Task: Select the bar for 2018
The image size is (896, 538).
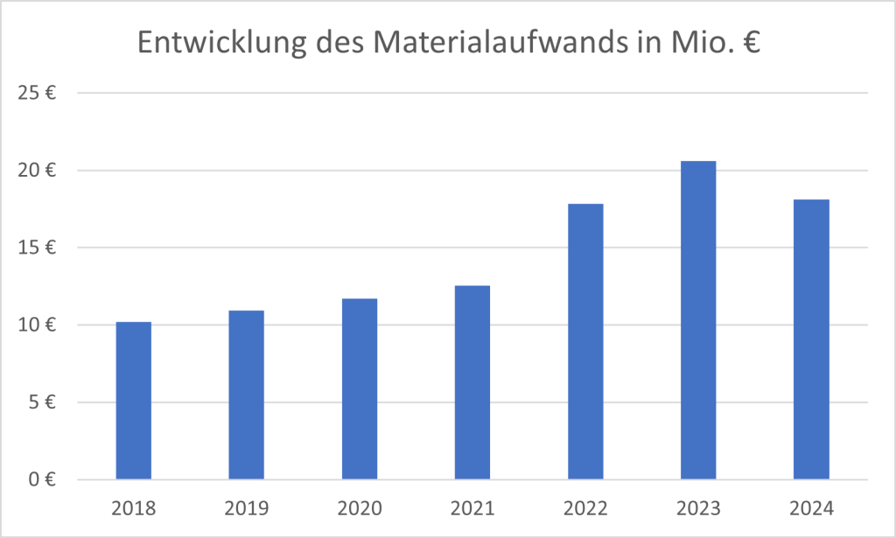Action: point(133,401)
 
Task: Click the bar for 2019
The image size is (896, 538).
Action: point(246,395)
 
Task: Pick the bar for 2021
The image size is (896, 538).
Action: point(472,382)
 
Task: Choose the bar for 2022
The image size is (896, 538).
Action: point(585,341)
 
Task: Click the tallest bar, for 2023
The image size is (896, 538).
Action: point(698,320)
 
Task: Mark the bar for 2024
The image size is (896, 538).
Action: point(811,339)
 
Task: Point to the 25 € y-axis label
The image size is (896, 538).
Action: point(38,93)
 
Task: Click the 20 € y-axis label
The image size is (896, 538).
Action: point(38,171)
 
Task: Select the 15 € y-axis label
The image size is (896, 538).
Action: point(38,248)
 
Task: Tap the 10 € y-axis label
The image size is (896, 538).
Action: point(38,325)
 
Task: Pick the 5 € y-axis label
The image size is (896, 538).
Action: point(43,402)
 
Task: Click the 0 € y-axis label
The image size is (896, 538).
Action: point(43,479)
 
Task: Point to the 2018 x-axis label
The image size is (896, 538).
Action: point(133,508)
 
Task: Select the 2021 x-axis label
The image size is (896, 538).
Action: point(472,508)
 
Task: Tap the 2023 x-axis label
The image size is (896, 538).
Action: point(698,508)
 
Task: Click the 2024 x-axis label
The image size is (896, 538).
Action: point(811,508)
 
